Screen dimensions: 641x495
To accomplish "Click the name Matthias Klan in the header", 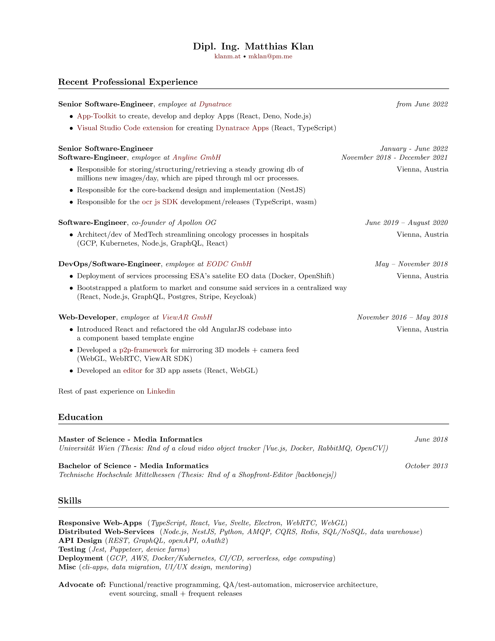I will pyautogui.click(x=279, y=46).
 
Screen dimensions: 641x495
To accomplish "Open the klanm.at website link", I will pyautogui.click(x=227, y=56).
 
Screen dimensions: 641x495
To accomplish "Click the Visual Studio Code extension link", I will pyautogui.click(x=125, y=128).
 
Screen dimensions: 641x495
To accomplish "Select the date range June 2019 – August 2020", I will pyautogui.click(x=406, y=223).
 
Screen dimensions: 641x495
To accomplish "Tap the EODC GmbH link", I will pyautogui.click(x=229, y=264).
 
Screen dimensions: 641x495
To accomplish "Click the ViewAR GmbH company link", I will pyautogui.click(x=187, y=317).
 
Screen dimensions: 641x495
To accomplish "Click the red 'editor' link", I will pyautogui.click(x=133, y=371).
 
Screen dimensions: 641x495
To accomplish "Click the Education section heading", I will pyautogui.click(x=80, y=417).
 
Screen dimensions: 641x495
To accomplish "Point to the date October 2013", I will pyautogui.click(x=426, y=466).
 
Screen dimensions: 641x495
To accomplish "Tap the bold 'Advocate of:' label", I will pyautogui.click(x=82, y=585).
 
